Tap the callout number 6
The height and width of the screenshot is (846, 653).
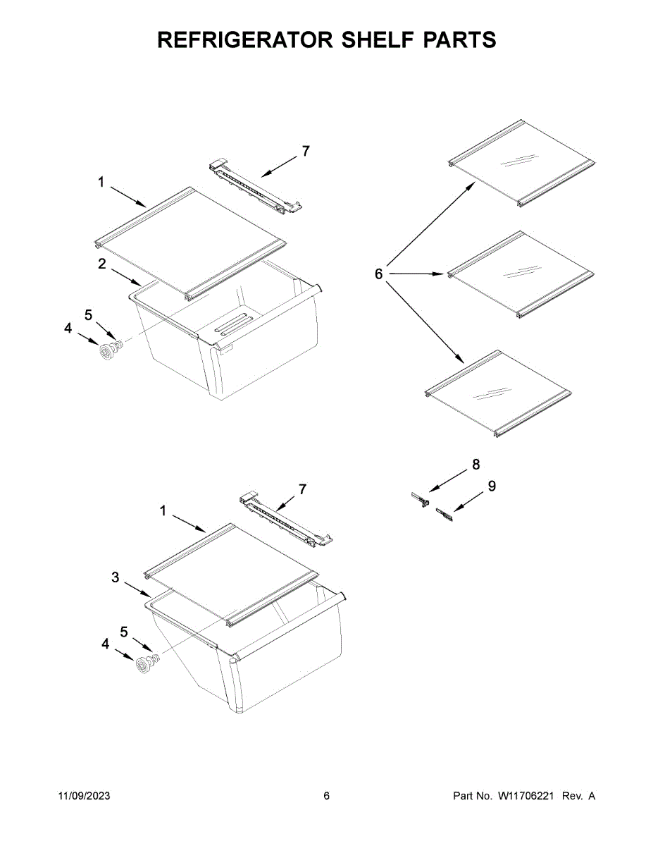[x=378, y=274]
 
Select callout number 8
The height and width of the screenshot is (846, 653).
[x=476, y=464]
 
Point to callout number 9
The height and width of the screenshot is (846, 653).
[x=492, y=486]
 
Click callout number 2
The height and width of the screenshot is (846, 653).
[x=102, y=264]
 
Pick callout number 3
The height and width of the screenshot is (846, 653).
[x=115, y=577]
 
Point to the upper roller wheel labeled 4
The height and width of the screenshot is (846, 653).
[x=108, y=350]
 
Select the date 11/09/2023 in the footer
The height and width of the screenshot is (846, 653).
[x=84, y=796]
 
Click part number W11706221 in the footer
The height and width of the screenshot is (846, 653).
[x=527, y=796]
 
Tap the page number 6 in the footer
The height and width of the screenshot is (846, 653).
[x=326, y=796]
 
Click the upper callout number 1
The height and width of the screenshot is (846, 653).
[x=101, y=182]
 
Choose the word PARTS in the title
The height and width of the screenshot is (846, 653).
[x=460, y=40]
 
